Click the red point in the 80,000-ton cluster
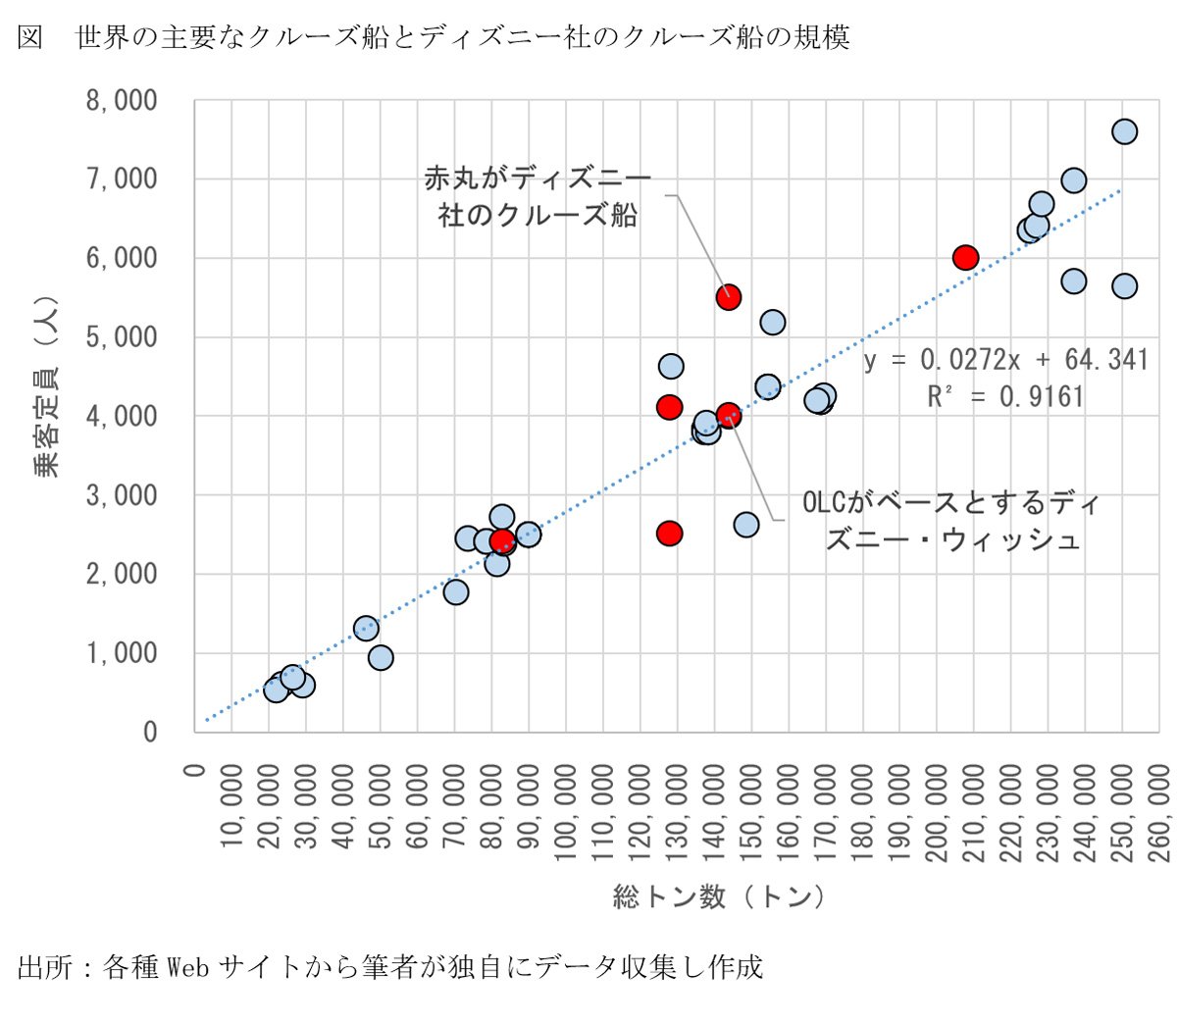point(502,540)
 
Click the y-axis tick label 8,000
point(122,100)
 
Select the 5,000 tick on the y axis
point(122,337)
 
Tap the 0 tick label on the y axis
point(149,733)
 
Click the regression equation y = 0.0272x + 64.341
point(1005,360)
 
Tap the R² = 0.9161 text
point(1005,396)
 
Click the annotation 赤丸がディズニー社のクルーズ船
point(537,196)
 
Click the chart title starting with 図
point(433,37)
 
